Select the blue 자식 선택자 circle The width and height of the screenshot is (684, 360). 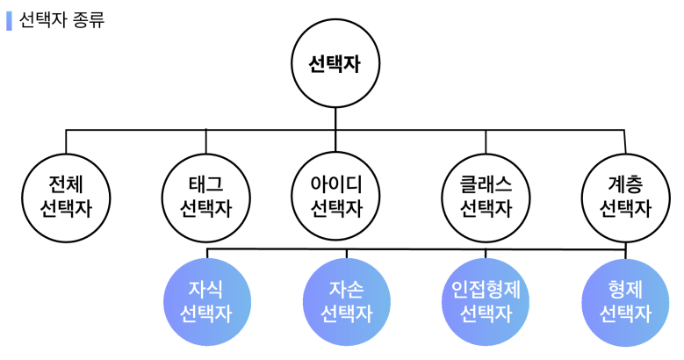tap(205, 301)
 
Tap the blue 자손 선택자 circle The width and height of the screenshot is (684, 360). tap(345, 301)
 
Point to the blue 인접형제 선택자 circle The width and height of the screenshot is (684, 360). tap(486, 301)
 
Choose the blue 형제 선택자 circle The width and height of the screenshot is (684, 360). tap(624, 301)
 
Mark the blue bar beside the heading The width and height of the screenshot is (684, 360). tap(9, 20)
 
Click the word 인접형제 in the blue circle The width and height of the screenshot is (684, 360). tap(486, 289)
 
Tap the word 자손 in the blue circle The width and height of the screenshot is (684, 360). tap(345, 289)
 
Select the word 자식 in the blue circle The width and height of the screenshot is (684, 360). tap(205, 289)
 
